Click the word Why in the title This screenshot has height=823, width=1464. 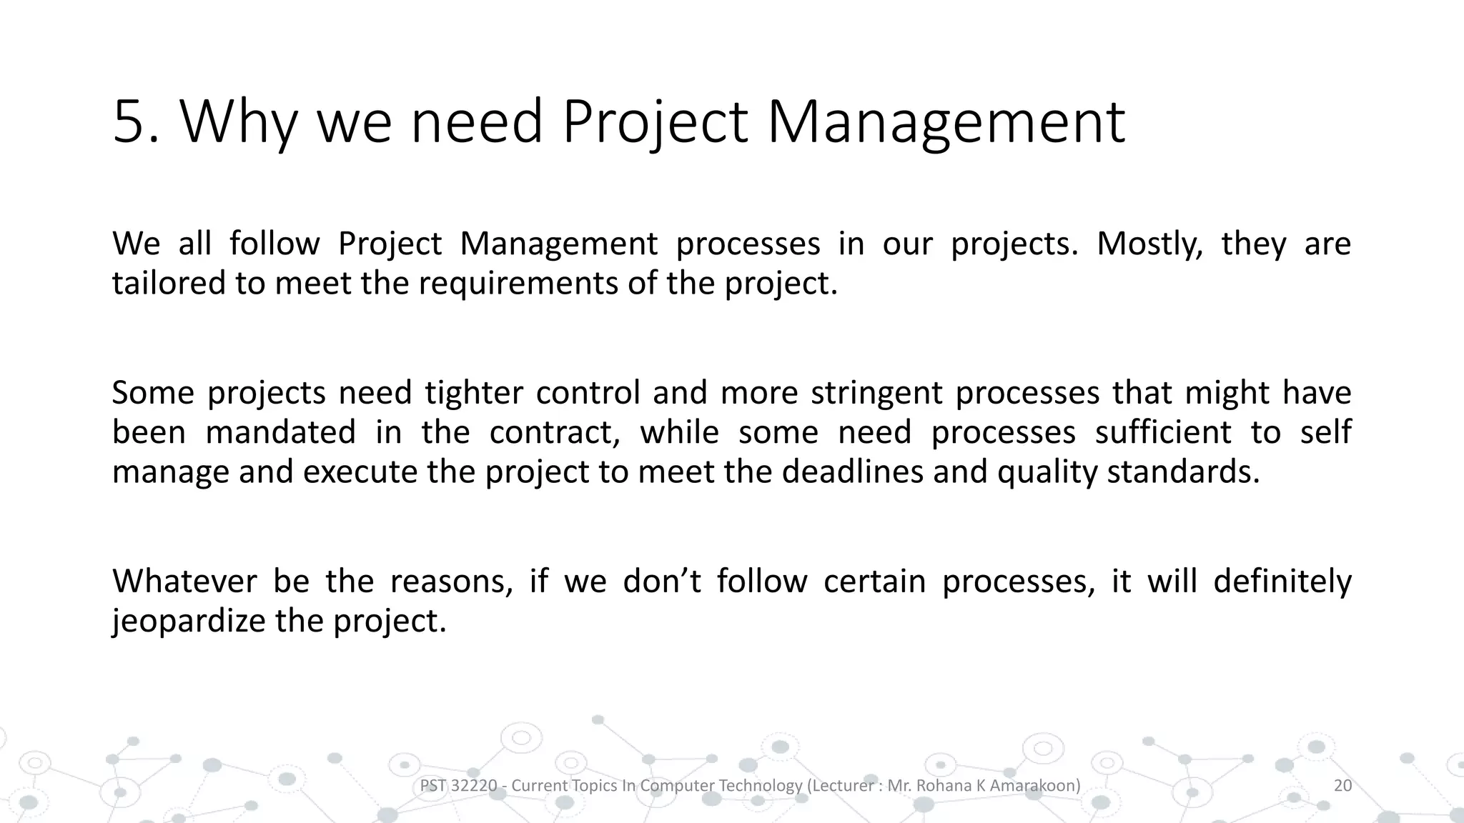tap(238, 123)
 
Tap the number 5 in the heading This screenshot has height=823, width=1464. tap(129, 123)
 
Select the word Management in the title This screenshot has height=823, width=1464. tap(946, 123)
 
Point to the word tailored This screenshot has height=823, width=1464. tap(168, 284)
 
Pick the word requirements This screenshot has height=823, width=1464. tap(518, 284)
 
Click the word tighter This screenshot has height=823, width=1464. tap(473, 394)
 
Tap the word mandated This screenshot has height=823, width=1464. tap(280, 433)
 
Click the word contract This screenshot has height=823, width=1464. tap(554, 433)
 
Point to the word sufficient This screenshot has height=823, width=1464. tap(1163, 433)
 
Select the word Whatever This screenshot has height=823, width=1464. tap(184, 582)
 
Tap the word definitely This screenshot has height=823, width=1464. tap(1282, 582)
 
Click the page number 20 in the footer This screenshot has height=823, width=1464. tap(1343, 786)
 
